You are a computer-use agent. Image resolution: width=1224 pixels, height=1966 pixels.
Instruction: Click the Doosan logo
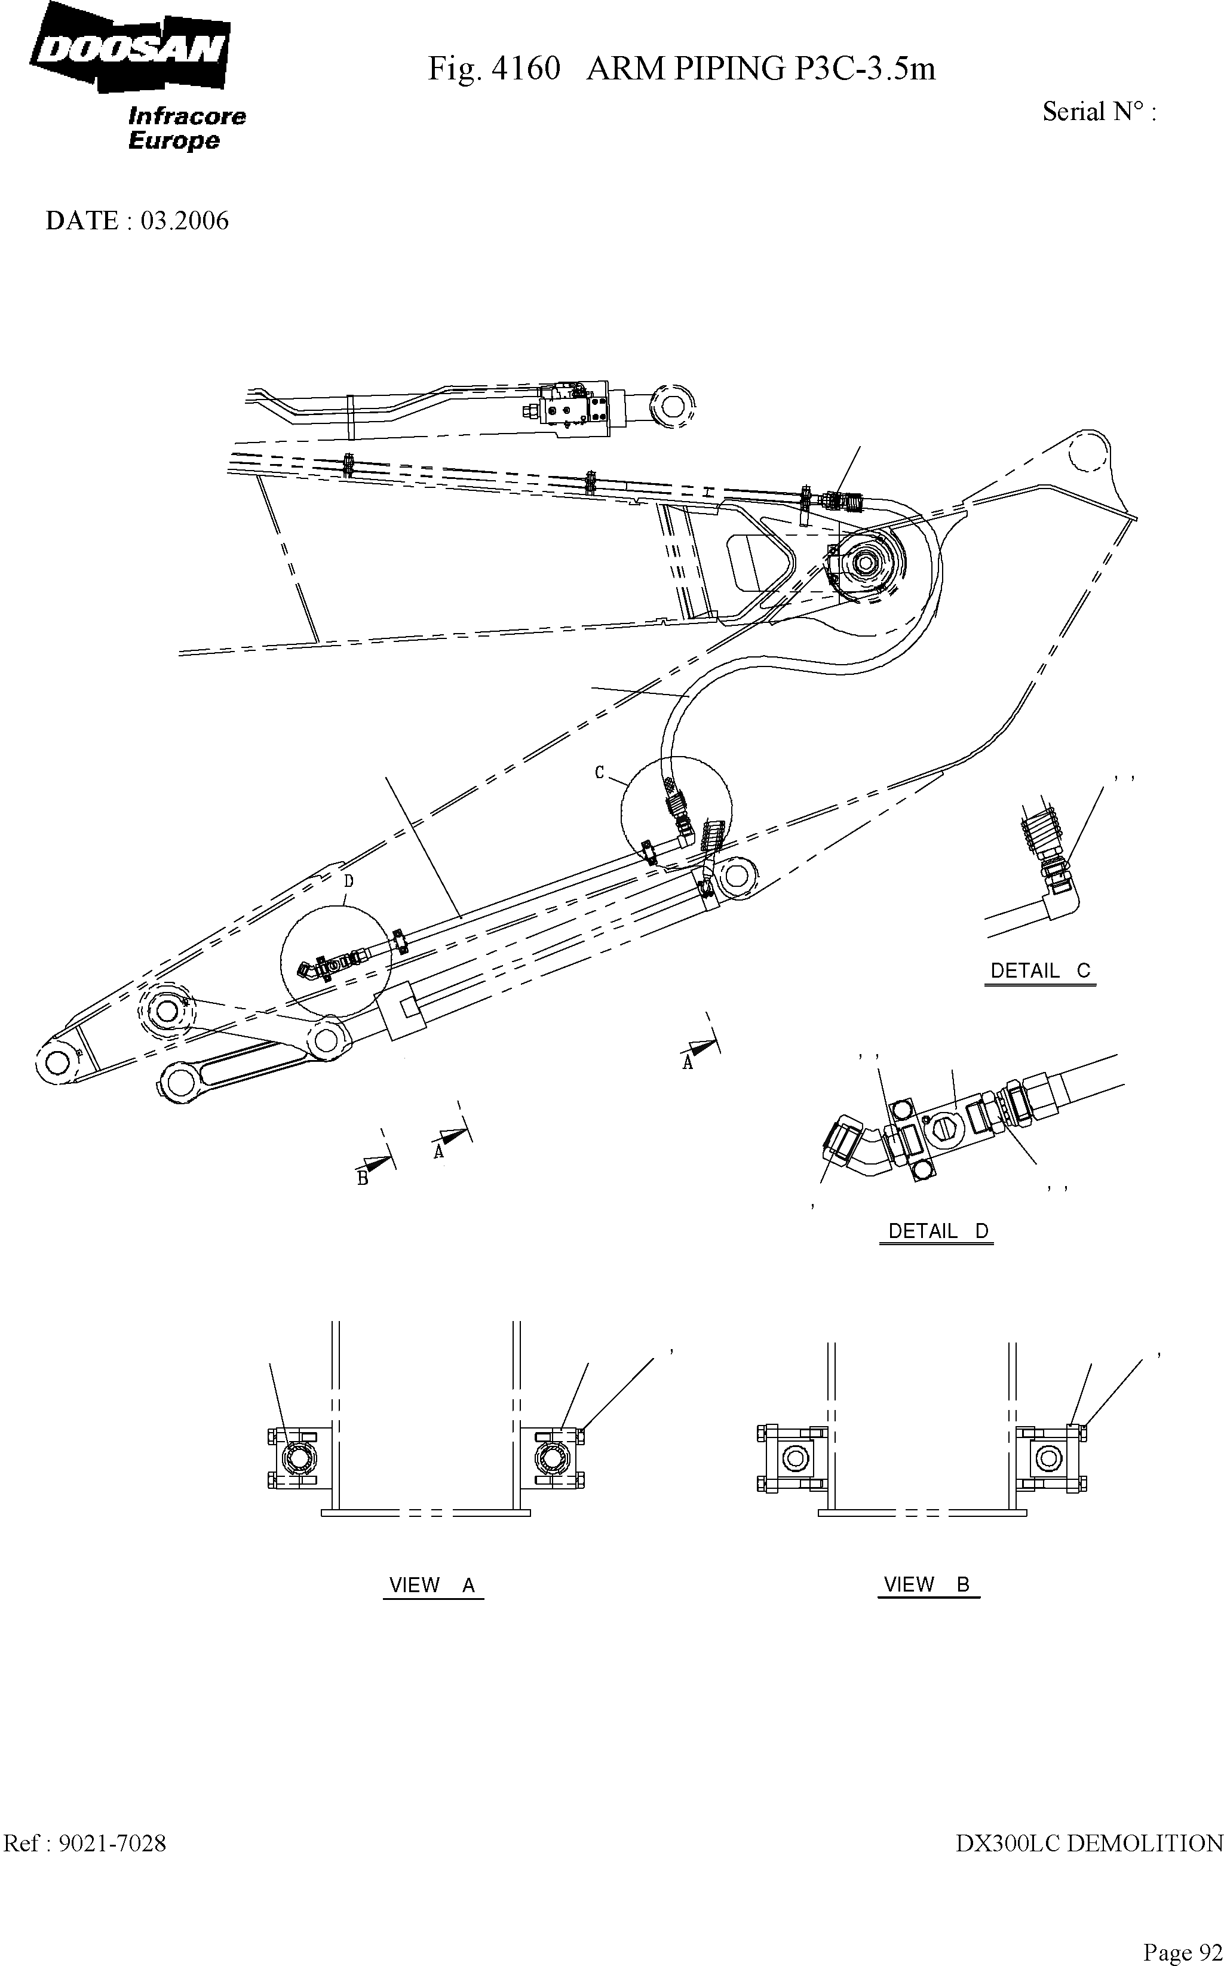130,48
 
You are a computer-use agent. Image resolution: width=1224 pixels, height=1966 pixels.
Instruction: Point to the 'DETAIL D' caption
937,1231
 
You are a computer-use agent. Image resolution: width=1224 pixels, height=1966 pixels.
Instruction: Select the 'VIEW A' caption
432,1585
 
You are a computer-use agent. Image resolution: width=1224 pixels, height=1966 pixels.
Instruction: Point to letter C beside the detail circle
599,773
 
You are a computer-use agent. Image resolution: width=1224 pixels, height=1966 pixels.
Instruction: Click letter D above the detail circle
349,880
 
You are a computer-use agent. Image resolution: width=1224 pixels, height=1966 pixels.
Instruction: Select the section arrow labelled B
372,1165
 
